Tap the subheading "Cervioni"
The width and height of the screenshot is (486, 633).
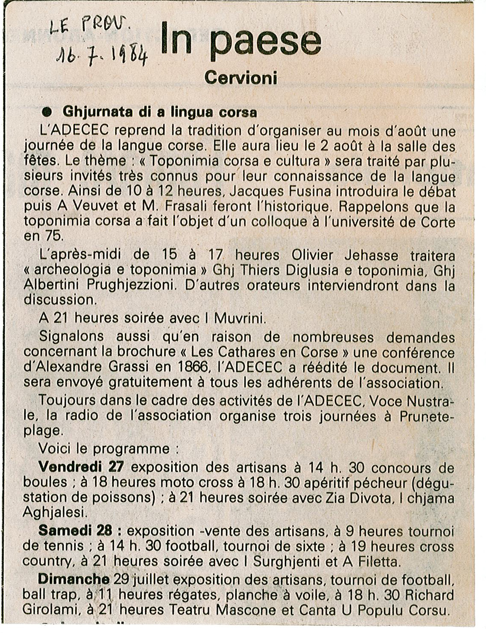pyautogui.click(x=241, y=78)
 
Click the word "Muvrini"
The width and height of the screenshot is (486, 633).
pyautogui.click(x=237, y=318)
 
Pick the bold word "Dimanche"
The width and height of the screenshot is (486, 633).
pyautogui.click(x=73, y=579)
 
